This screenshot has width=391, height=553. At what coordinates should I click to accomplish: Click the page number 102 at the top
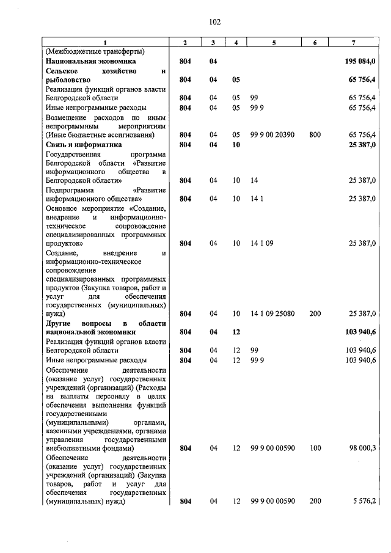pos(214,22)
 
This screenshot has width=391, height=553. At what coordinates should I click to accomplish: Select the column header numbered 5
pos(274,42)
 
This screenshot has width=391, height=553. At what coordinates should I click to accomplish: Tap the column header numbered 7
pos(354,42)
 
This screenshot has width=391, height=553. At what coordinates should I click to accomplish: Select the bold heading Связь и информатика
pos(84,144)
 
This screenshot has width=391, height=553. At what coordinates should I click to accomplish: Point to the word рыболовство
pos(69,80)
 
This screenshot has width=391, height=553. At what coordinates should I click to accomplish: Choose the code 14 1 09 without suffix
pos(261,243)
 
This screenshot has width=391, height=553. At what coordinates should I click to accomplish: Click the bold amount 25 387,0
pos(362,144)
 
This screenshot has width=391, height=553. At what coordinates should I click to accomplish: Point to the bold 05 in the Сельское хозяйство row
pos(236,80)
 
